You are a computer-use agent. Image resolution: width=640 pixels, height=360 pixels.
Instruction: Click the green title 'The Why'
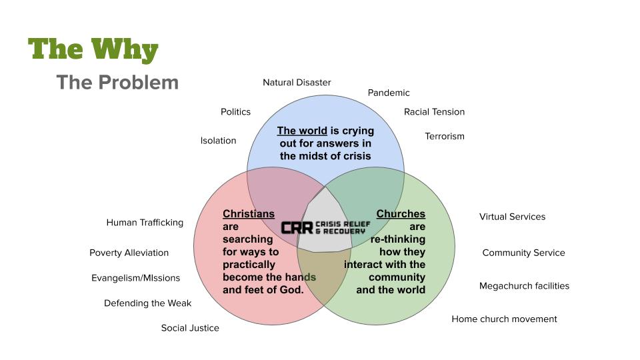click(x=93, y=50)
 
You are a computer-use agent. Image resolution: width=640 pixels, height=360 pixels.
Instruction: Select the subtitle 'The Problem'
click(x=117, y=83)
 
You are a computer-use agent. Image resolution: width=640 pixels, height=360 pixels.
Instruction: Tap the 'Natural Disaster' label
click(x=297, y=83)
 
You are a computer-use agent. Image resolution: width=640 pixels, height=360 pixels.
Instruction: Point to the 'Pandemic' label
click(x=389, y=93)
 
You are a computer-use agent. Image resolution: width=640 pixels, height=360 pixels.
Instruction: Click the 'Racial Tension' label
click(x=434, y=112)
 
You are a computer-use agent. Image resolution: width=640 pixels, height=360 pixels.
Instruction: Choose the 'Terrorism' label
click(x=445, y=137)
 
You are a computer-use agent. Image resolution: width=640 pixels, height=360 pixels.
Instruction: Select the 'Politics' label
click(x=235, y=112)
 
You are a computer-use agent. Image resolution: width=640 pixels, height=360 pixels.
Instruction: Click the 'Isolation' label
click(x=218, y=141)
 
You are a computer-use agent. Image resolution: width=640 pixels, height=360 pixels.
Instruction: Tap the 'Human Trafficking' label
click(x=145, y=223)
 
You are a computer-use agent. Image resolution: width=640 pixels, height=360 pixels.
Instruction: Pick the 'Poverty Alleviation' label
click(x=129, y=253)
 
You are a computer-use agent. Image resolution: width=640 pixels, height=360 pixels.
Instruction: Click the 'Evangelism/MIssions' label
click(x=135, y=278)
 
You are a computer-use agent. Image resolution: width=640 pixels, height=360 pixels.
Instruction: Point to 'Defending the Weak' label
click(x=147, y=303)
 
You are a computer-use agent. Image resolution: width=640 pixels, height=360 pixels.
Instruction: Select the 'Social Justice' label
click(x=190, y=328)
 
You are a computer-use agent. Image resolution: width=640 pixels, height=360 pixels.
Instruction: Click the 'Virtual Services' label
click(x=512, y=217)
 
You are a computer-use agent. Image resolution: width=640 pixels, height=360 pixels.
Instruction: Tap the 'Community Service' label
click(x=523, y=253)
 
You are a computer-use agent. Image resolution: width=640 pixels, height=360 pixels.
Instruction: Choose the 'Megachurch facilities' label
click(x=524, y=286)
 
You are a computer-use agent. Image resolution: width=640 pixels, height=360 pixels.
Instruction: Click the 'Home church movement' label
click(x=504, y=319)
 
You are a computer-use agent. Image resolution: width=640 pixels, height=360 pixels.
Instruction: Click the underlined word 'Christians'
click(x=248, y=214)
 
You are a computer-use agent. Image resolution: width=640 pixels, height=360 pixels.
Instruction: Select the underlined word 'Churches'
click(x=401, y=214)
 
